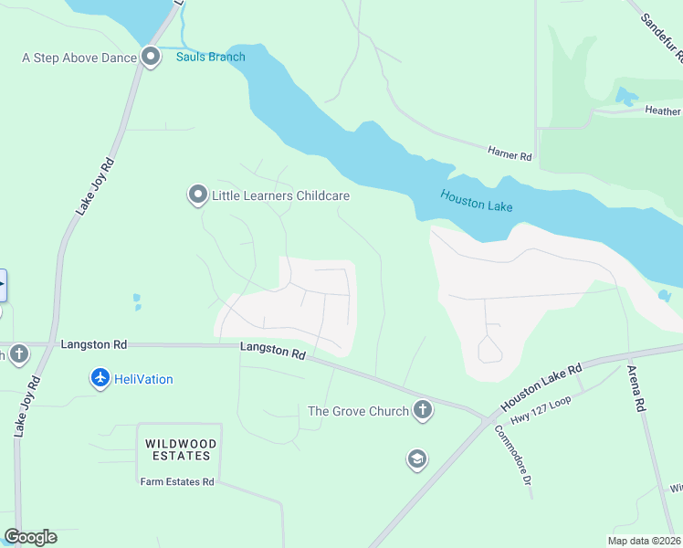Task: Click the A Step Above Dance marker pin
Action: [151, 58]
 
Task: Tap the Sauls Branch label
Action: [211, 58]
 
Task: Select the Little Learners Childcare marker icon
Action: [197, 195]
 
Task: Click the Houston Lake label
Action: [476, 200]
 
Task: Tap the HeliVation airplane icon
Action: [100, 378]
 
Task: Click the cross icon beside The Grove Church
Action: [422, 411]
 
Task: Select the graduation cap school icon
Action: [417, 459]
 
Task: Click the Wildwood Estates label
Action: [180, 448]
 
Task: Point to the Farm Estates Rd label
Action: [176, 481]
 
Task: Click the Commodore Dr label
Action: [514, 461]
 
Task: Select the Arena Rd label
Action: [636, 389]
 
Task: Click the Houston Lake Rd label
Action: [541, 389]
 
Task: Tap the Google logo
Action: [30, 537]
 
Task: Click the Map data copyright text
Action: [645, 541]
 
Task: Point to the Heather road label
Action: [664, 111]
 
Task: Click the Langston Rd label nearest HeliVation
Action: [93, 345]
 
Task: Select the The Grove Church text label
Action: [358, 411]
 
